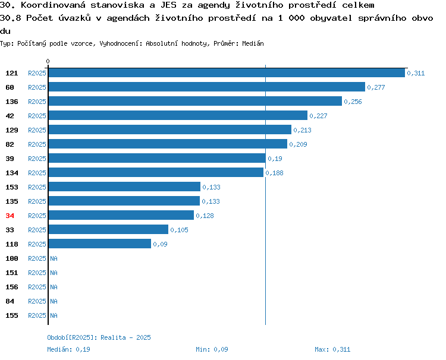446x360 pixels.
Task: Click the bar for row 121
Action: (x=227, y=72)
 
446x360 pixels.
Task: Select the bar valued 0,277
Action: (x=207, y=87)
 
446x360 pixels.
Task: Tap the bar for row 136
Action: (x=195, y=101)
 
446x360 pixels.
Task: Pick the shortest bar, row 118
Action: (x=100, y=244)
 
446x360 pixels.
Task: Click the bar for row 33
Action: (x=108, y=229)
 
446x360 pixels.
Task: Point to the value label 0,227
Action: (x=318, y=116)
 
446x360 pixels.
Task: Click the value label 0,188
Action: (x=275, y=173)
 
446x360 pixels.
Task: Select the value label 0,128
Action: (x=205, y=216)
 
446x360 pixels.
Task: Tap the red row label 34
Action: (x=10, y=216)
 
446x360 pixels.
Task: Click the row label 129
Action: (x=12, y=130)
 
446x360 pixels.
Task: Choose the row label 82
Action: (x=10, y=144)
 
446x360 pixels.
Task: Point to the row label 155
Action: (x=12, y=315)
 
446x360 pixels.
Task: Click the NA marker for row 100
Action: (x=54, y=258)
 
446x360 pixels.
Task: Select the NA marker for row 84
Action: (x=54, y=301)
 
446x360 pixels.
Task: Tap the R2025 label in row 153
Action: (x=37, y=187)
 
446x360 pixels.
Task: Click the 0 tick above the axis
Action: (x=48, y=61)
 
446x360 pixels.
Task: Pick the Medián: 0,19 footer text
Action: (x=68, y=349)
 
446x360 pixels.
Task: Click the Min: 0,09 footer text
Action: (x=212, y=349)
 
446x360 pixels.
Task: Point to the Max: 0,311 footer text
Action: (x=332, y=349)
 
